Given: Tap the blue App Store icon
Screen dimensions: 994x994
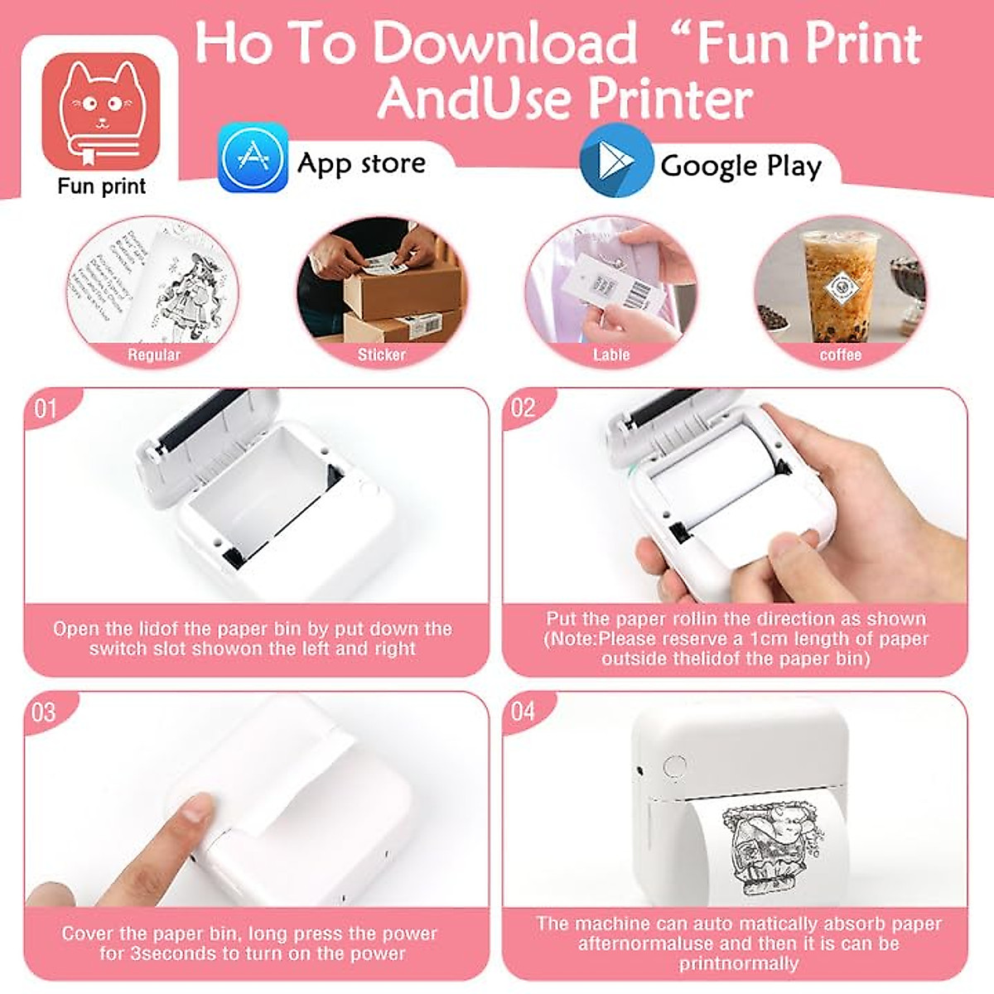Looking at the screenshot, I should (253, 157).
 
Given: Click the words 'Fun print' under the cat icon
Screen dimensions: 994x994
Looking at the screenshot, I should (101, 186).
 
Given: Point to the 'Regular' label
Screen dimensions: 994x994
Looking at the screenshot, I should (153, 355).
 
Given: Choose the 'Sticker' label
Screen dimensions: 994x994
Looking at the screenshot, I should (382, 355).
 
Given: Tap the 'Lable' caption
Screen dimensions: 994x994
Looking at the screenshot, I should (611, 355).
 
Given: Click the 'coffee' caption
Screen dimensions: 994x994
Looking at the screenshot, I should (841, 355).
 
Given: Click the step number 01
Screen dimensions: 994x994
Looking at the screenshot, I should (46, 408).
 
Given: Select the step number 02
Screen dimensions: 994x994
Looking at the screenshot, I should (524, 408).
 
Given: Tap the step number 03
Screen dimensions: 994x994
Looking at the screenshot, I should (43, 712).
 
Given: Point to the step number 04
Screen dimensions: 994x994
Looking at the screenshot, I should (524, 712).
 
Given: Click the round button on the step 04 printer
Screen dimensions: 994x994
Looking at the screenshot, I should (676, 765).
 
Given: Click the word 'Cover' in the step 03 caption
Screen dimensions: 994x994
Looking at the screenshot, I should (89, 934).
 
